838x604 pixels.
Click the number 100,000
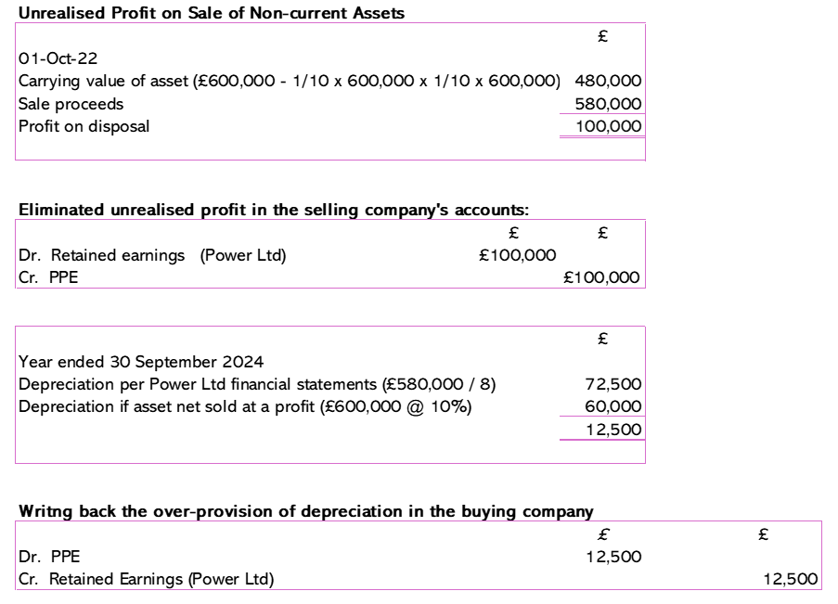609,126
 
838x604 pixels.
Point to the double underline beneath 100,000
602,137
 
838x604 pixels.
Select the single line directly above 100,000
602,114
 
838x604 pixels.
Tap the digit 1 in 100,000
579,126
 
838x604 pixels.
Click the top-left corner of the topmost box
16,23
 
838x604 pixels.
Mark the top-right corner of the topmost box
646,23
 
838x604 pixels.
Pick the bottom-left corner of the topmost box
16,160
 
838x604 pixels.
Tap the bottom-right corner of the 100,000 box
646,160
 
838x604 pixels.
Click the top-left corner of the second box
16,220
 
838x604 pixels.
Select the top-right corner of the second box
646,220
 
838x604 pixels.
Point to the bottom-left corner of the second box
16,288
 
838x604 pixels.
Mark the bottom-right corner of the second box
646,288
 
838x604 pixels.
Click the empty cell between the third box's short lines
602,428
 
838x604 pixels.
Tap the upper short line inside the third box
602,417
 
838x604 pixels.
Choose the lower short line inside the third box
602,440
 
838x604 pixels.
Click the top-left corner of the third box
16,327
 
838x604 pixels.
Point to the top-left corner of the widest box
16,521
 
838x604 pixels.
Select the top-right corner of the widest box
822,521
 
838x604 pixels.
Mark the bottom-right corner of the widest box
822,589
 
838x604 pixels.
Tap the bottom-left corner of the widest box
16,589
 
